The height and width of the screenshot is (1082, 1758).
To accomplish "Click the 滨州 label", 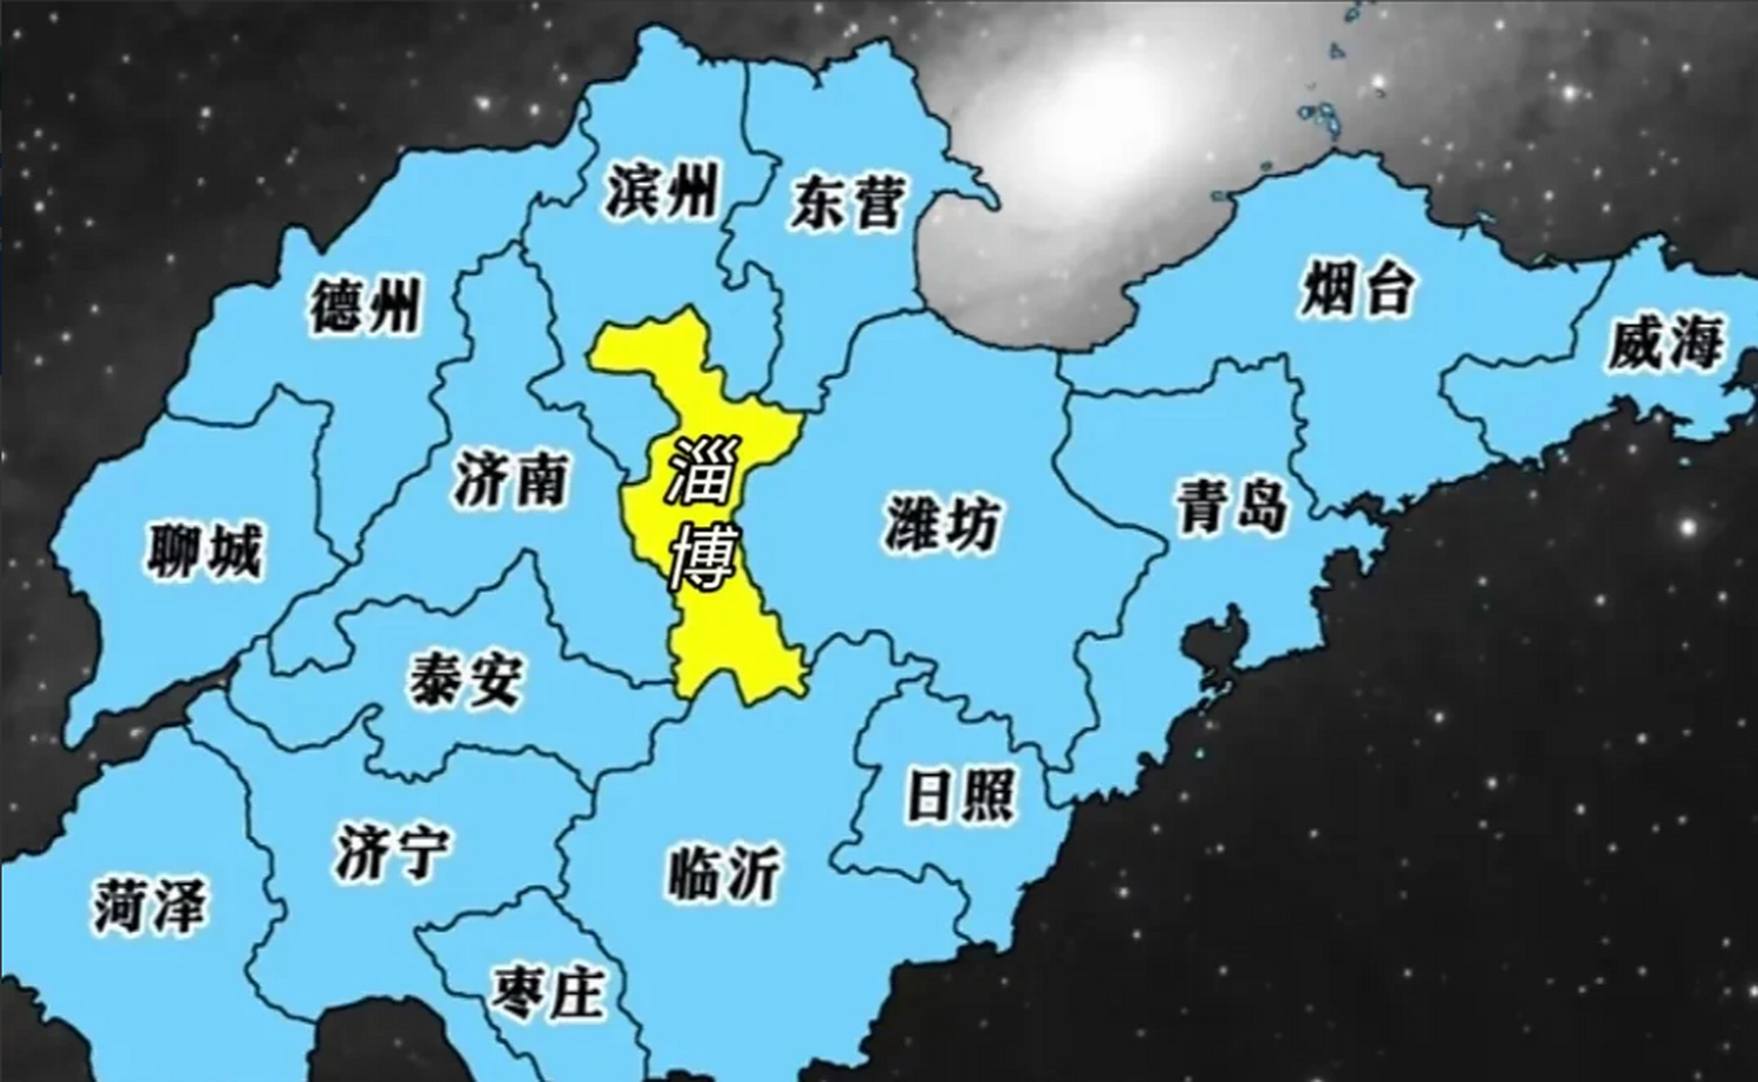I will [x=661, y=191].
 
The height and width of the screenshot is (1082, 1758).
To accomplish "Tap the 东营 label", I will [x=848, y=202].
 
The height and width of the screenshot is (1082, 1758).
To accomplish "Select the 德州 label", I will [x=364, y=306].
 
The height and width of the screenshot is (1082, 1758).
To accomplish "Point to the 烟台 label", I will [x=1356, y=289].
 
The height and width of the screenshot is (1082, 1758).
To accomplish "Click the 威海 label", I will [x=1664, y=343].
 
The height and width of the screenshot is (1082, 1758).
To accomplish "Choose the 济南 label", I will [x=510, y=478].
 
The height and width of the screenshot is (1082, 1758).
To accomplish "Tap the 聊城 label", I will [x=205, y=551].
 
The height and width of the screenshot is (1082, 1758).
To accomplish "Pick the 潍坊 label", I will [x=942, y=524].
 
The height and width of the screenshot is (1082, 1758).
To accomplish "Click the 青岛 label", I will [x=1232, y=505].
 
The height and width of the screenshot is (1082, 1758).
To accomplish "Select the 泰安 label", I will [x=466, y=679].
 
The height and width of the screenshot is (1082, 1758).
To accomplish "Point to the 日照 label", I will [x=960, y=795].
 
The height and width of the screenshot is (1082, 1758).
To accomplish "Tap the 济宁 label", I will [x=392, y=851].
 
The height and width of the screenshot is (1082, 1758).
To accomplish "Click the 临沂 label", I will [x=724, y=873].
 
